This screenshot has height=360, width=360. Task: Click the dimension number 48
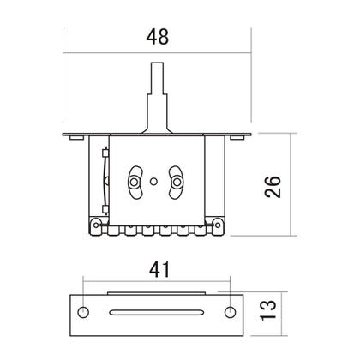[158, 37]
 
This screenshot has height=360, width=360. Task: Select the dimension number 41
[158, 270]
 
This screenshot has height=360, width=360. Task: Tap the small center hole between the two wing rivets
[153, 180]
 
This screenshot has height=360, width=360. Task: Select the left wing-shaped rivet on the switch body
[134, 177]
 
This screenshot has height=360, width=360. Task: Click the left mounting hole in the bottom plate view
[83, 310]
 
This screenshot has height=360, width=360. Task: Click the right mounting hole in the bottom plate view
[230, 310]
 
